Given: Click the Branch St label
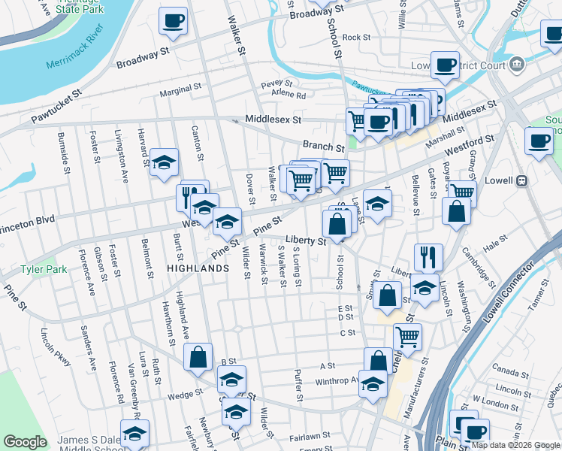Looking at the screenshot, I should [323, 146].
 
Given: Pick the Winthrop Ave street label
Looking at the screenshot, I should [337, 380].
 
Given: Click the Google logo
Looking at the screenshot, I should [25, 442].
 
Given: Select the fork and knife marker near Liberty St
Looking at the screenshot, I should [428, 256].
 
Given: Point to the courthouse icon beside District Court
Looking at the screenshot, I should [516, 65].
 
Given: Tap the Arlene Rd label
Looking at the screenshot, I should [289, 95].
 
